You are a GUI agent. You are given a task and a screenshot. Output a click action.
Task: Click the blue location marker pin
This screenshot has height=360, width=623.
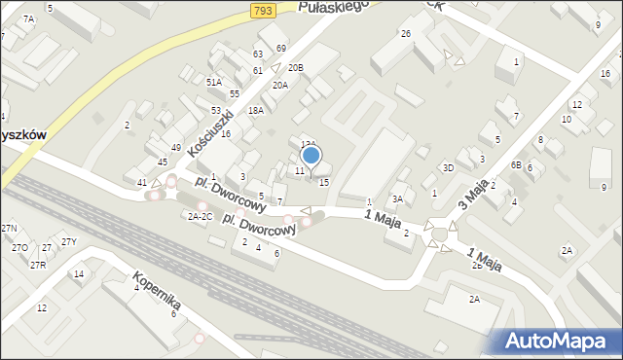click(311, 155)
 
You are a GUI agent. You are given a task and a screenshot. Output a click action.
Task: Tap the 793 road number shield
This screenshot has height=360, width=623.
click(260, 10)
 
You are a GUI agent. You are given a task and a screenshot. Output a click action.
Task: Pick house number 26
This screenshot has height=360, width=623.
click(405, 34)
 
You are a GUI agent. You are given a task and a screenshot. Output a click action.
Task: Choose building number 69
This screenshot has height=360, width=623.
click(280, 48)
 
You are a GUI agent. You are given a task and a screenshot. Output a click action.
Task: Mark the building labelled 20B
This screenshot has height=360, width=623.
click(295, 67)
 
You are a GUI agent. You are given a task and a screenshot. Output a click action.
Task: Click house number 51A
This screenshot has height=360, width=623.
click(214, 83)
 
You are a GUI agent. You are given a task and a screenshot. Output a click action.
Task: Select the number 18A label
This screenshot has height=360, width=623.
click(255, 111)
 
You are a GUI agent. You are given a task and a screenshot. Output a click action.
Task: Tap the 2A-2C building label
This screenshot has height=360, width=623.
click(201, 216)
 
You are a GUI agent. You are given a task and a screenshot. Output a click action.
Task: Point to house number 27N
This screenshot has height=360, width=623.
click(10, 228)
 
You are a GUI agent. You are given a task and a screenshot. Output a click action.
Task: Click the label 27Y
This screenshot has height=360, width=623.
click(68, 241)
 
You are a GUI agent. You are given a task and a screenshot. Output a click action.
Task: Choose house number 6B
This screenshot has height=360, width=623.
click(516, 165)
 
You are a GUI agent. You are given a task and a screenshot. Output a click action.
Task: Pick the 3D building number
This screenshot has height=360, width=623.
click(448, 167)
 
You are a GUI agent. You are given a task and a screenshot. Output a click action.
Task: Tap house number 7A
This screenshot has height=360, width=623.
click(28, 18)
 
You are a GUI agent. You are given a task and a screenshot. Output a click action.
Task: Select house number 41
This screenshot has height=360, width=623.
click(142, 183)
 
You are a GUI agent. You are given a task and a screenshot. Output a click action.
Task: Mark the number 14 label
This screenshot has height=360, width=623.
click(79, 274)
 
